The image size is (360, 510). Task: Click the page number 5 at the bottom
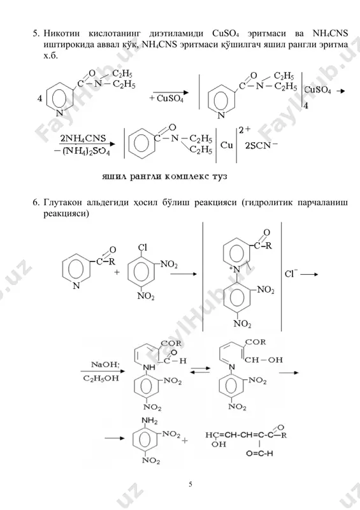(x=191, y=484)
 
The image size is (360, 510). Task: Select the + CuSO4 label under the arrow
(x=166, y=99)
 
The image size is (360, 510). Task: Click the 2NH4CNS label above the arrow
(x=83, y=138)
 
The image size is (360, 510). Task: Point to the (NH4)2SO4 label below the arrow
(x=86, y=152)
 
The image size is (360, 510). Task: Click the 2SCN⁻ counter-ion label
(x=261, y=145)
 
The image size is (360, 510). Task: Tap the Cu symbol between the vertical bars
(x=226, y=145)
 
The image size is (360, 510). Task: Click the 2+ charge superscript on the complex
(x=245, y=130)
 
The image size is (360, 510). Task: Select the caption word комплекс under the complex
(x=187, y=177)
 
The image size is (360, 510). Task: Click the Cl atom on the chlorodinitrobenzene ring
(x=143, y=247)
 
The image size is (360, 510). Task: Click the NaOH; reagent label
(x=105, y=364)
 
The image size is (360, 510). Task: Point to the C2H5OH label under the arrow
(x=101, y=378)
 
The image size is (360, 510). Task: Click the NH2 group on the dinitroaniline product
(x=149, y=421)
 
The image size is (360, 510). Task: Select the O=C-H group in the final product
(x=259, y=453)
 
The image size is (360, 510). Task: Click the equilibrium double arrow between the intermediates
(x=199, y=370)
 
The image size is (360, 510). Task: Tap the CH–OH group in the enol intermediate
(x=263, y=360)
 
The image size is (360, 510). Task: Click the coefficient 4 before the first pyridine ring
(x=40, y=98)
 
